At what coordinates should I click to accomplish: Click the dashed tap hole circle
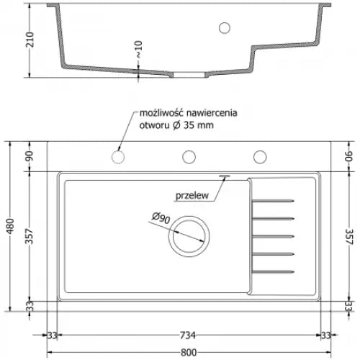(118, 156)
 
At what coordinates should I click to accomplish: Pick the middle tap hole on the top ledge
(189, 156)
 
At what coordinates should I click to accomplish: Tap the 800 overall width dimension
(189, 353)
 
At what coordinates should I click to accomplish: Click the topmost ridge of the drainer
(274, 199)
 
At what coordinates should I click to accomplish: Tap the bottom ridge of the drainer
(274, 271)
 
